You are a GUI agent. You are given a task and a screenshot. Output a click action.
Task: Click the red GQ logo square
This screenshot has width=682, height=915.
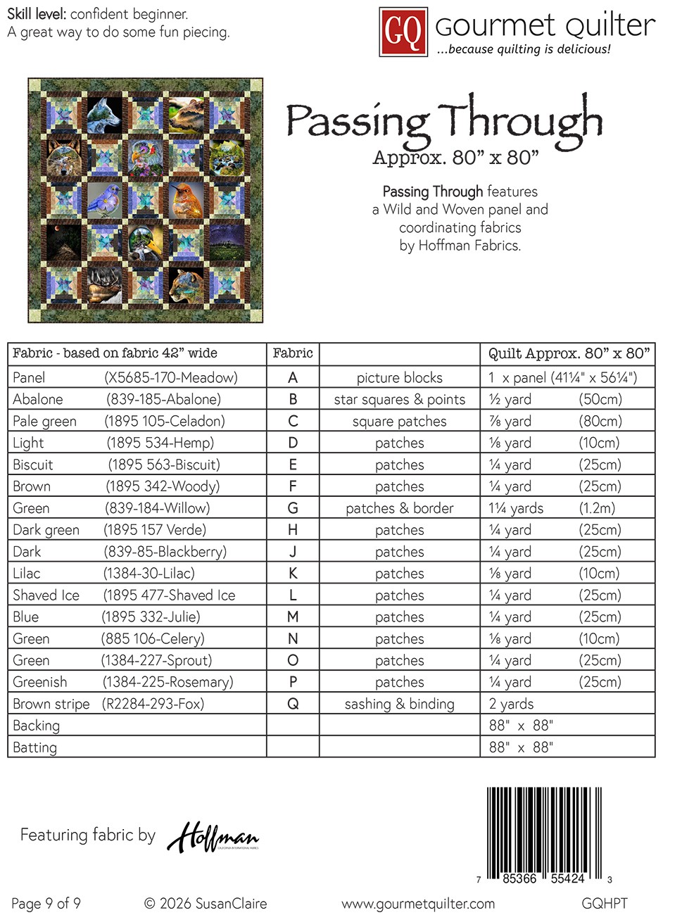403,32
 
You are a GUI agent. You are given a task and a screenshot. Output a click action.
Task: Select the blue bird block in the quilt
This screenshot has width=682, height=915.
105,198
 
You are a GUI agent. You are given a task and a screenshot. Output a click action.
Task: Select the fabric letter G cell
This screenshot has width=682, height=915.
293,508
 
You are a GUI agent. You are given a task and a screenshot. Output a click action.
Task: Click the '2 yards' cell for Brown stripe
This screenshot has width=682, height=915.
512,704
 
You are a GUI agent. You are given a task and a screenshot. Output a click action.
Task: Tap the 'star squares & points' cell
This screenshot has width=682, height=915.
400,400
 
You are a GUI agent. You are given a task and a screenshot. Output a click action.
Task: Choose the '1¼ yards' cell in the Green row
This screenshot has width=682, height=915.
517,508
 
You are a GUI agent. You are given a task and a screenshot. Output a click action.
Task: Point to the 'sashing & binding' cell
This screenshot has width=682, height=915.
400,704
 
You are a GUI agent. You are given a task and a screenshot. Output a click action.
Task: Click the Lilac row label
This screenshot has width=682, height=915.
27,574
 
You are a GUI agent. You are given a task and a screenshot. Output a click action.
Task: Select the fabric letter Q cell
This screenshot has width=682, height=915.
293,704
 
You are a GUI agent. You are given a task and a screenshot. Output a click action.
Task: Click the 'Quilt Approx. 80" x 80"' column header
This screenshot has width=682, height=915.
569,353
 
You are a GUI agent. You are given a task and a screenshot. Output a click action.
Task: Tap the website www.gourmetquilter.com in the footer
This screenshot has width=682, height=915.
418,904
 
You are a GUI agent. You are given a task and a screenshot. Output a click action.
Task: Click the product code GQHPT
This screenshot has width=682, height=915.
605,904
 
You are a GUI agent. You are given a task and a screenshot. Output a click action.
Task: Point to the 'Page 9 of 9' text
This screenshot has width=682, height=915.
46,904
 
